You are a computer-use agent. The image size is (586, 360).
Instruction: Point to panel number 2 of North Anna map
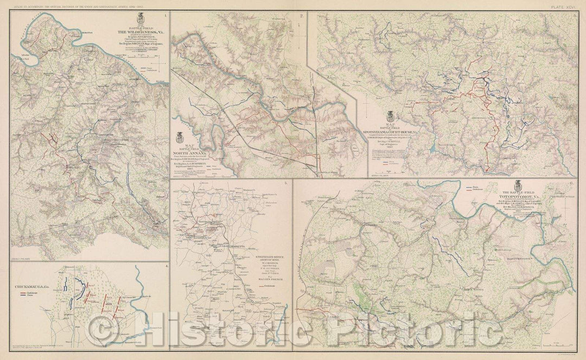click(x=302, y=16)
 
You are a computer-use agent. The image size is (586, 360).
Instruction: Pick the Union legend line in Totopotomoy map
click(x=471, y=187)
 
